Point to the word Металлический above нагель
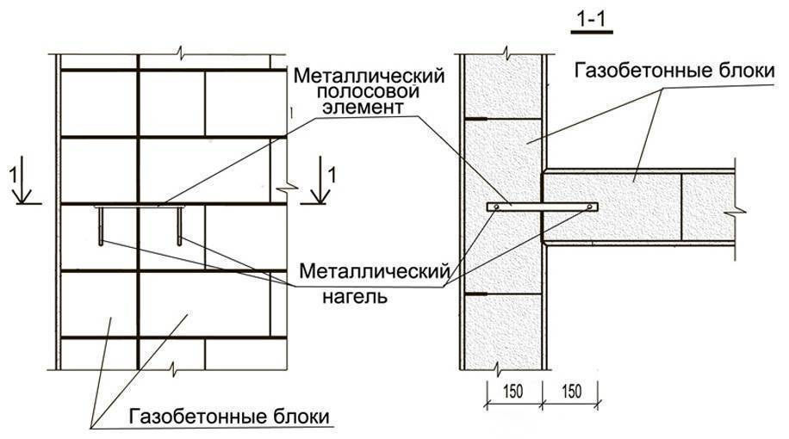(x=375, y=272)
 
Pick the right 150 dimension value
(x=570, y=389)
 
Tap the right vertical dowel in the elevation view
(x=179, y=226)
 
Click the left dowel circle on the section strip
(x=493, y=207)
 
